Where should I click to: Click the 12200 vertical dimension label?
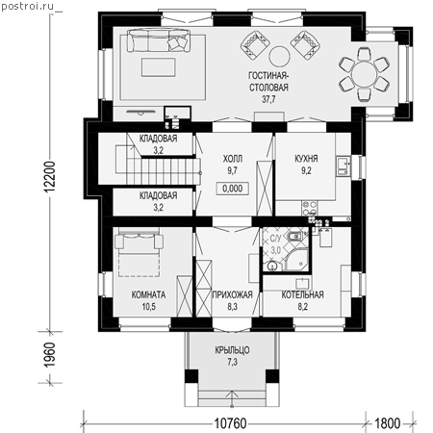click(x=50, y=177)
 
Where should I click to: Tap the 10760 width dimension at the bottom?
click(x=230, y=423)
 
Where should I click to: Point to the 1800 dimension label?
click(x=388, y=423)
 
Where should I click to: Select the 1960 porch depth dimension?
click(x=50, y=355)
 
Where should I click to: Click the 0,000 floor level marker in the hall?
click(x=233, y=189)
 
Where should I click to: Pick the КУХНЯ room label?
click(x=306, y=159)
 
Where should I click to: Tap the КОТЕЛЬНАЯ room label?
click(x=303, y=294)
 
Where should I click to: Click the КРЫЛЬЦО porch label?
click(x=232, y=350)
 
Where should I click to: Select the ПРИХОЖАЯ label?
click(x=233, y=294)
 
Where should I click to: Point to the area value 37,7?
click(x=268, y=99)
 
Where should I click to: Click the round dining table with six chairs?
click(x=364, y=74)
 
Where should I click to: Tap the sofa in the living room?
click(x=159, y=40)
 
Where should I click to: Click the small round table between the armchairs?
click(x=279, y=56)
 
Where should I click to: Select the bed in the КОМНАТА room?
click(x=139, y=252)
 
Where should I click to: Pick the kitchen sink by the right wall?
click(x=343, y=166)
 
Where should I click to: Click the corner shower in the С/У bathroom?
click(x=297, y=259)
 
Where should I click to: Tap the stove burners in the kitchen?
click(x=310, y=208)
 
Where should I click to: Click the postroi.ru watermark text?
click(x=27, y=7)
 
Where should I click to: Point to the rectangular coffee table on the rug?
click(x=159, y=67)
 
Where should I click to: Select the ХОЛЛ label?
click(x=233, y=159)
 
